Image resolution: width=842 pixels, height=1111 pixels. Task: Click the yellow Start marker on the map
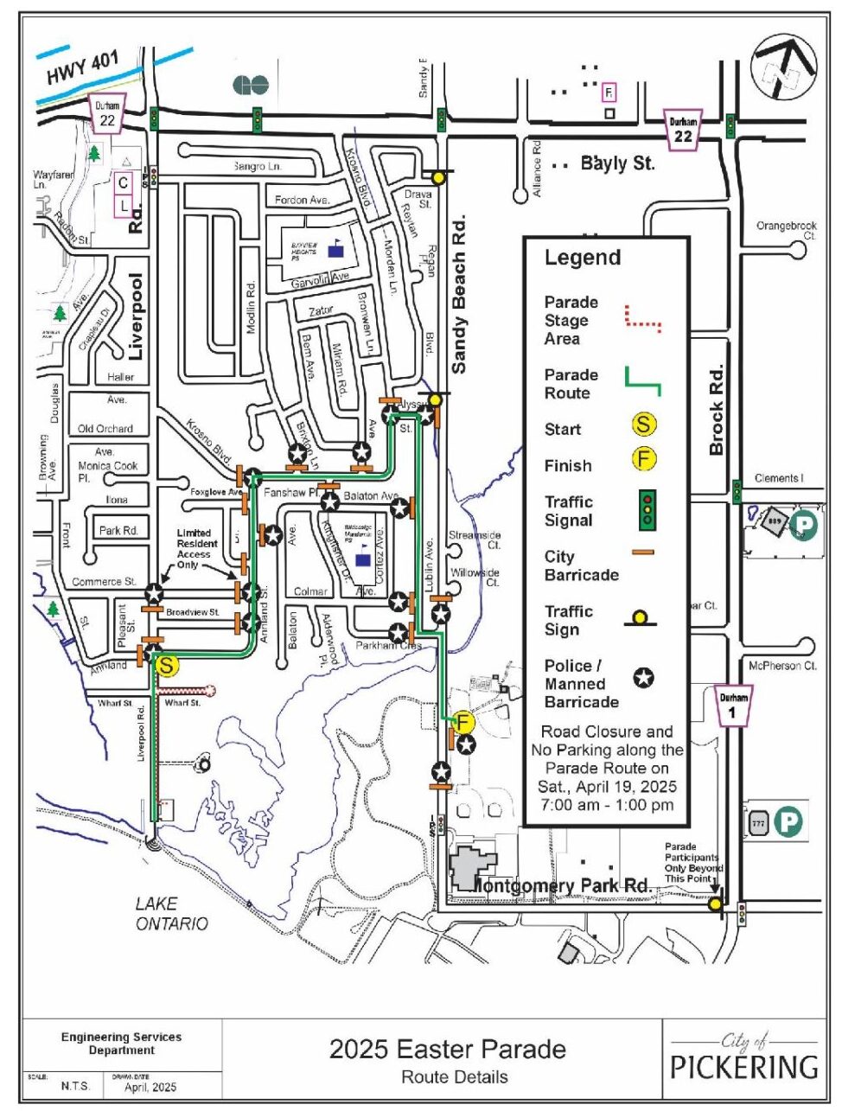[167, 665]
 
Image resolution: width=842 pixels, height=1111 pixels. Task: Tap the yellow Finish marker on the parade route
[464, 721]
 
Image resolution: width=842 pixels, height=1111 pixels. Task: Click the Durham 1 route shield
[733, 706]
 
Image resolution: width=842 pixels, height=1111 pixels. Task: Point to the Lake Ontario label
[171, 914]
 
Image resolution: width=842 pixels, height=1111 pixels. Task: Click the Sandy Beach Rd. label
[459, 295]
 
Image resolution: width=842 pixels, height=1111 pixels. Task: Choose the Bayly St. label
[617, 163]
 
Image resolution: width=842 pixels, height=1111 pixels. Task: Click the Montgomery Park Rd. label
[562, 885]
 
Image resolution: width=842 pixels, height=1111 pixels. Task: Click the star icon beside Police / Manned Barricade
[643, 679]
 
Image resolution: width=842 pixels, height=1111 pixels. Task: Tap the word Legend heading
[582, 258]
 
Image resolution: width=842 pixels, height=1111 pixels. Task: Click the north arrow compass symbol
[784, 66]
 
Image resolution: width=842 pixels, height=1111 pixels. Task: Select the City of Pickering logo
[744, 1057]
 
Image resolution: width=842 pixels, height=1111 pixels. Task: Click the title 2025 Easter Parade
[447, 1049]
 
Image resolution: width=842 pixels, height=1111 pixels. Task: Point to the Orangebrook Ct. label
[786, 230]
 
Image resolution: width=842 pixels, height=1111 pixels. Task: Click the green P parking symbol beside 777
[788, 822]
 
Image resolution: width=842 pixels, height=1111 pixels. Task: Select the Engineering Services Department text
[121, 1044]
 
